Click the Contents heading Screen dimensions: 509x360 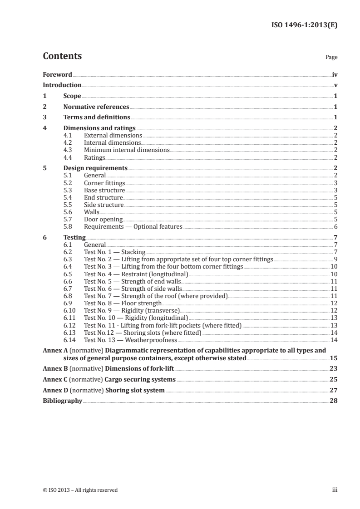pos(62,56)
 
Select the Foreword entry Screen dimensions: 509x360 pos(57,74)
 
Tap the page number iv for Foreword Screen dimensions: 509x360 pos(335,74)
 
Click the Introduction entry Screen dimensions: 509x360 pos(62,85)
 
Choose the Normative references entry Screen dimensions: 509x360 pos(96,107)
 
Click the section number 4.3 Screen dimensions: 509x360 pos(68,150)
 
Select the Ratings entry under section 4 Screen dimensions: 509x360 pos(94,157)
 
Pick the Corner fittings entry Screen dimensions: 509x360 pos(104,183)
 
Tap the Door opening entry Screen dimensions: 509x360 pos(104,220)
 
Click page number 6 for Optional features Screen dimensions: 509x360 pos(335,227)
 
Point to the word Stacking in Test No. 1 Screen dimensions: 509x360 pos(133,252)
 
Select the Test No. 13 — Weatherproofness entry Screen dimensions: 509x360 pos(131,340)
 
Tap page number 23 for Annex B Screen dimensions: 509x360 pos(334,368)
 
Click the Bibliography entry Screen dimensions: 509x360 pos(63,401)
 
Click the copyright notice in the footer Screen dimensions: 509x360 pos(80,490)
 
